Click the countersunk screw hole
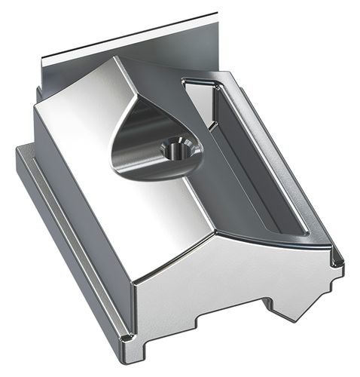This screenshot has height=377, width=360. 175,149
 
